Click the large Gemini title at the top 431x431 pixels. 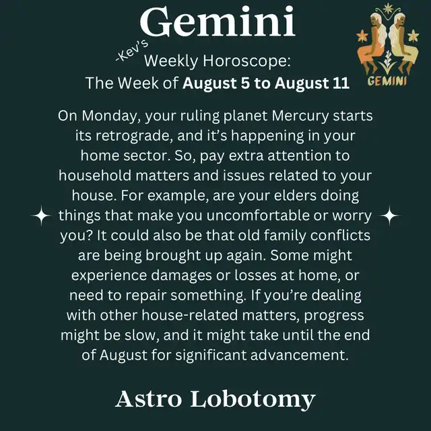click(218, 22)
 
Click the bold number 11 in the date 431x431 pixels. click(341, 83)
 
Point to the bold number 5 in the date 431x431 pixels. click(245, 83)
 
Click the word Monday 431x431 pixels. click(111, 116)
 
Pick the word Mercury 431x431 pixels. click(300, 116)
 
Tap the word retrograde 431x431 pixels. click(135, 136)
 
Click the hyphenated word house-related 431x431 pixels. click(189, 315)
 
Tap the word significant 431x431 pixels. click(211, 355)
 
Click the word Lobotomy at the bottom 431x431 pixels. click(253, 399)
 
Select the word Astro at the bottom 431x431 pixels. click(148, 399)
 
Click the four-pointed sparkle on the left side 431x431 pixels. click(41, 215)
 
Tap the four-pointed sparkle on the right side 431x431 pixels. click(389, 215)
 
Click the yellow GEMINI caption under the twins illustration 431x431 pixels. click(387, 81)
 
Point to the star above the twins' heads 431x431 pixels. click(388, 9)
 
